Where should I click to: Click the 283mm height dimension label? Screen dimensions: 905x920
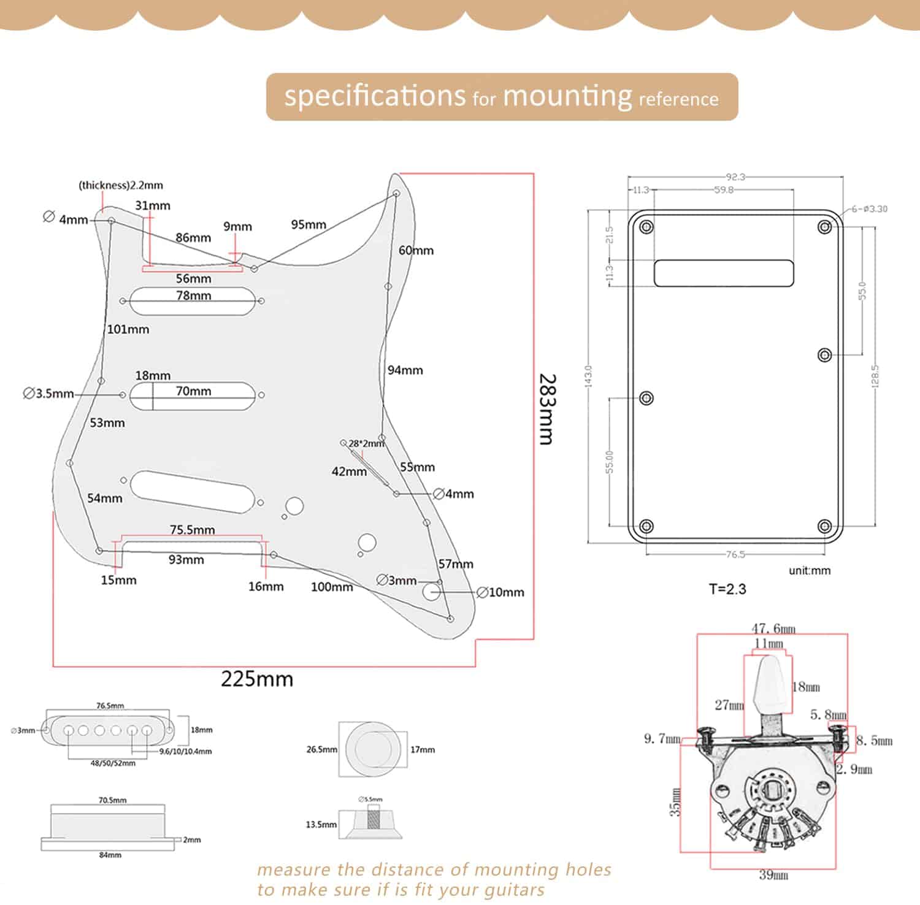[546, 409]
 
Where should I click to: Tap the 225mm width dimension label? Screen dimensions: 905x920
[257, 679]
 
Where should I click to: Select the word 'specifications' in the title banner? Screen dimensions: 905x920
[375, 96]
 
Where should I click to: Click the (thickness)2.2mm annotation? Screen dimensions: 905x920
[121, 185]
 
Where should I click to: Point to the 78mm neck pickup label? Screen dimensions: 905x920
[194, 296]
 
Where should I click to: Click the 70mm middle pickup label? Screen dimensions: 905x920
[194, 391]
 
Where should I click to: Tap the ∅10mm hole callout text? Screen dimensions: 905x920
[500, 592]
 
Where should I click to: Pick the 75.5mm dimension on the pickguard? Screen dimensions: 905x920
[193, 530]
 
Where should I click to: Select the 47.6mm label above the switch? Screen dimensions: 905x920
[773, 628]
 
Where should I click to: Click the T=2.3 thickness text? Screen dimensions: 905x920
[727, 589]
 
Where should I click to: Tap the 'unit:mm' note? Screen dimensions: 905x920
[810, 571]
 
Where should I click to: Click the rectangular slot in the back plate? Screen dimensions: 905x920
[724, 273]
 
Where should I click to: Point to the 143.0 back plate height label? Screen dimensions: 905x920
[589, 376]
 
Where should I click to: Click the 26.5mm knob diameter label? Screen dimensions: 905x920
[321, 749]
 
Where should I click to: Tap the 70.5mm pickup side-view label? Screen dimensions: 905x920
[112, 800]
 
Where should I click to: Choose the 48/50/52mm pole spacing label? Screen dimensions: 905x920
[113, 763]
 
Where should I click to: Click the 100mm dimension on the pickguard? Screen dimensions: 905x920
[332, 587]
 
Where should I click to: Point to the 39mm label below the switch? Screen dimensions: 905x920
[773, 875]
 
